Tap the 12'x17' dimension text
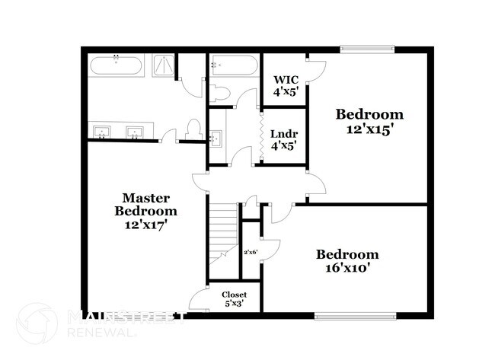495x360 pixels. [146, 225]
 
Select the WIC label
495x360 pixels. [285, 80]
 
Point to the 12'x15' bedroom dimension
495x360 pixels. [369, 129]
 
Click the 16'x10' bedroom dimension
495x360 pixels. [347, 268]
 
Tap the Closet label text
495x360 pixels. [234, 294]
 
